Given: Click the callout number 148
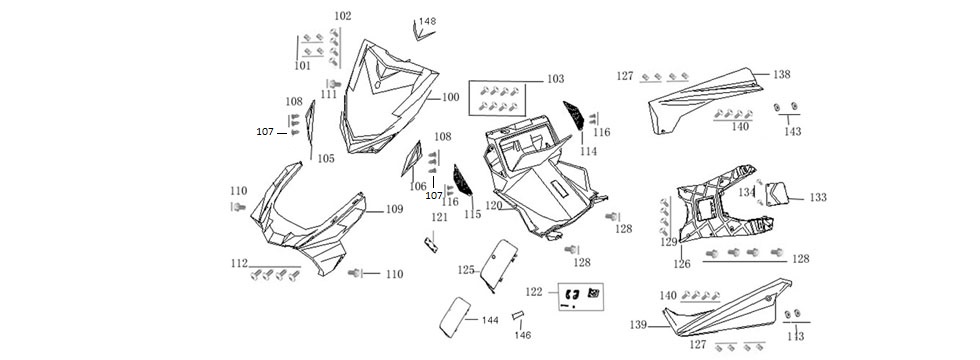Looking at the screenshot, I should click(x=427, y=21).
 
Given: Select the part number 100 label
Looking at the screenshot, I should click(x=450, y=98).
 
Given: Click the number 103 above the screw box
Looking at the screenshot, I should click(x=555, y=78).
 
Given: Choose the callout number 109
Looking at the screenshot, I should click(x=394, y=210).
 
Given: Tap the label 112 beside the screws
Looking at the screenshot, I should click(x=238, y=263).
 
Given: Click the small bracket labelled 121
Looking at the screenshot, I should click(x=431, y=243).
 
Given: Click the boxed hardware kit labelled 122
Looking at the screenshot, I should click(x=581, y=296).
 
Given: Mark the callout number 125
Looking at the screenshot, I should click(x=466, y=270).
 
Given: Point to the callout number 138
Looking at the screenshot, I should click(x=781, y=74).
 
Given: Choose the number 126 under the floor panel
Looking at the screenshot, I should click(x=682, y=264).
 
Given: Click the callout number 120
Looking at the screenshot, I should click(x=494, y=206).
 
